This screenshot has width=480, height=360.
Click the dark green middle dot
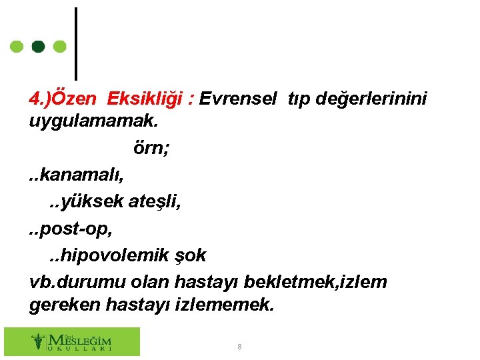click(39, 47)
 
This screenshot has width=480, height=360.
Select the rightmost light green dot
click(59, 47)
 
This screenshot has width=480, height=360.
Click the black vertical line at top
click(76, 43)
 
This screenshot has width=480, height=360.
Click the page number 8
click(240, 347)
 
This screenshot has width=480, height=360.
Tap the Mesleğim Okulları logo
click(72, 341)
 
